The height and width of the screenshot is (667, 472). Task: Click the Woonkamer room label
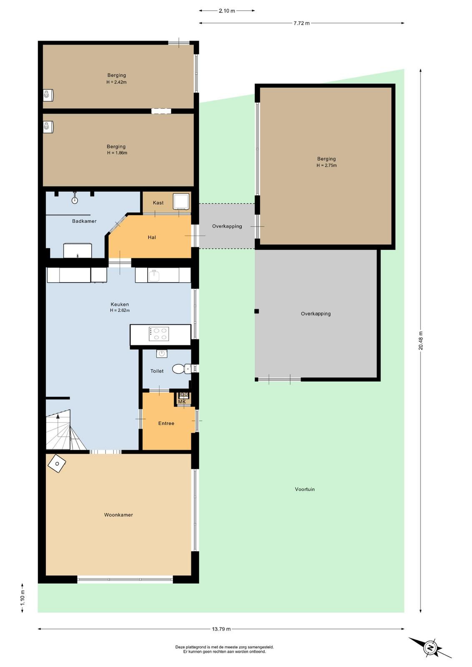pos(118,514)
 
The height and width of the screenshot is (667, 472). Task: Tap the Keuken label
pos(120,304)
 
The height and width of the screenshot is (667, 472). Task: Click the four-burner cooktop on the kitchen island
pos(159,334)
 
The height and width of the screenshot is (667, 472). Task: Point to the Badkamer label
pos(84,221)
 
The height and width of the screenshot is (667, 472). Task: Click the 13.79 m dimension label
pos(221,629)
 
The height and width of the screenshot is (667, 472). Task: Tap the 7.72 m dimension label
pos(301,23)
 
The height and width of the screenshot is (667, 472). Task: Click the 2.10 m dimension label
pos(227,11)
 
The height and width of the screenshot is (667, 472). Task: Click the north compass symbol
pos(430,648)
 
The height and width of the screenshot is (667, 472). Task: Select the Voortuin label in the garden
pos(305,489)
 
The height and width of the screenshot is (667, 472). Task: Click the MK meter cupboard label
pos(182,401)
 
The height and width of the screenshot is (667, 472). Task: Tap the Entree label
pos(166,423)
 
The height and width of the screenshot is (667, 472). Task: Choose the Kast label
pos(158,203)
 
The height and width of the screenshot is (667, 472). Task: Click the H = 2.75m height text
pos(326,165)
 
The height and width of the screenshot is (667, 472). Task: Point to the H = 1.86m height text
pos(117,153)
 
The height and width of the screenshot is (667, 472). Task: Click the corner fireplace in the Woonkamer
pos(57,463)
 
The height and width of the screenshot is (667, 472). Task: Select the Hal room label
pos(152,237)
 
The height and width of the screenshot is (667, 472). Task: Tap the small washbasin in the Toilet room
pos(162,354)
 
